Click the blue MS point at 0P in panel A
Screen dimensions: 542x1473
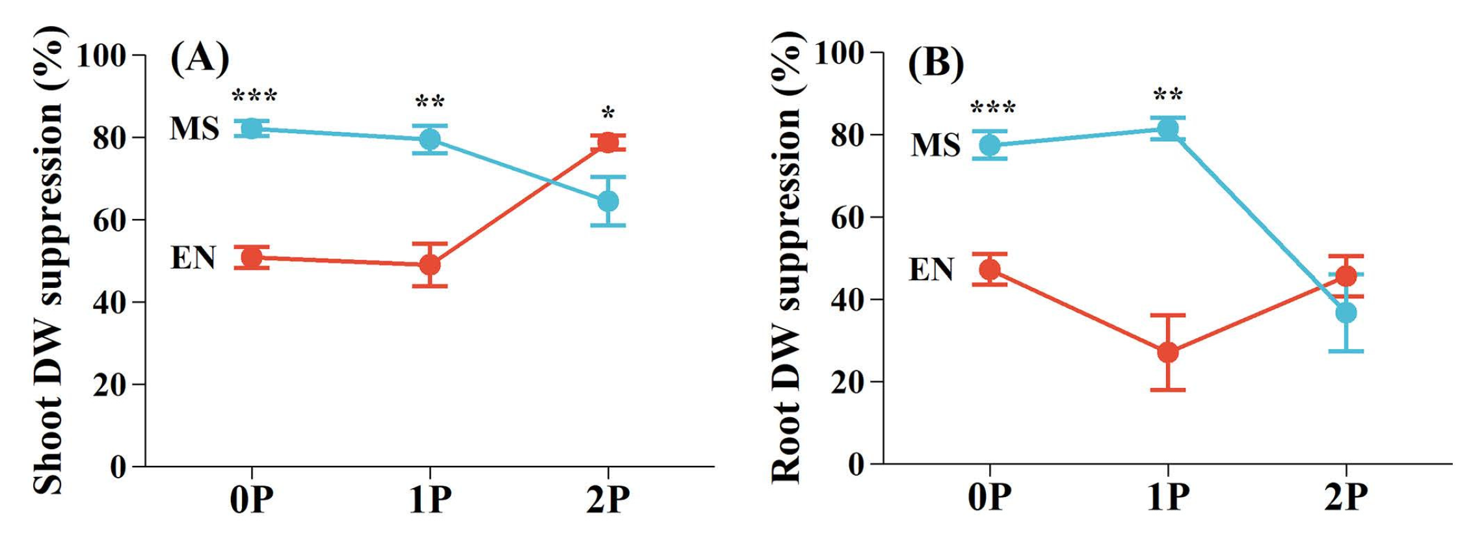252,129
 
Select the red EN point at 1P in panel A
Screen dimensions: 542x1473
429,265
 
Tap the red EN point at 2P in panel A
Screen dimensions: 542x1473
607,142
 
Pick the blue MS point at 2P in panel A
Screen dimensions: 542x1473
607,201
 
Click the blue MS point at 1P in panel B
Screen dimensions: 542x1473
1168,129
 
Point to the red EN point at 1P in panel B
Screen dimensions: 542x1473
1168,353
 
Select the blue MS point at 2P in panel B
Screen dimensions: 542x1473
1346,313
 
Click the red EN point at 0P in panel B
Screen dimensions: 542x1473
990,269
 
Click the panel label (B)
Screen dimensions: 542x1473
936,64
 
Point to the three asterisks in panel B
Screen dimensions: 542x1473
992,108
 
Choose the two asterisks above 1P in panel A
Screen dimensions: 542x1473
429,103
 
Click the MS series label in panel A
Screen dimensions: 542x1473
194,129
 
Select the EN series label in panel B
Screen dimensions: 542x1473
931,270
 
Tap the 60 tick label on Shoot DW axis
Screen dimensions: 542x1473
109,220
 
